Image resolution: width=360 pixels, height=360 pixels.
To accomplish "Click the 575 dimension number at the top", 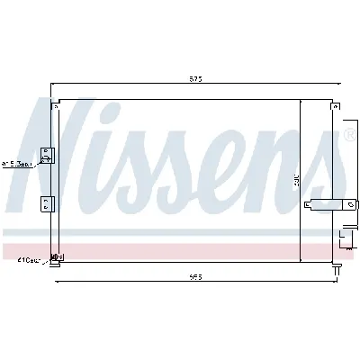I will (x=195, y=80).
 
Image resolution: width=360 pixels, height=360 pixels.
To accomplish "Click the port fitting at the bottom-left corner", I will (x=56, y=257).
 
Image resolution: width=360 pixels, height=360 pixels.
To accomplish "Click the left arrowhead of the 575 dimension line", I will (x=55, y=85).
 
